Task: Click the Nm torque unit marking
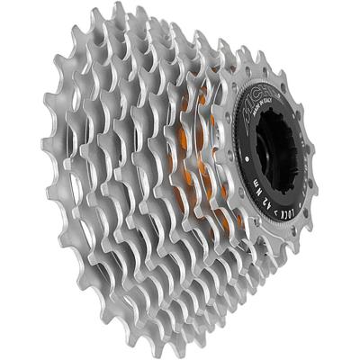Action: [274, 236]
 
